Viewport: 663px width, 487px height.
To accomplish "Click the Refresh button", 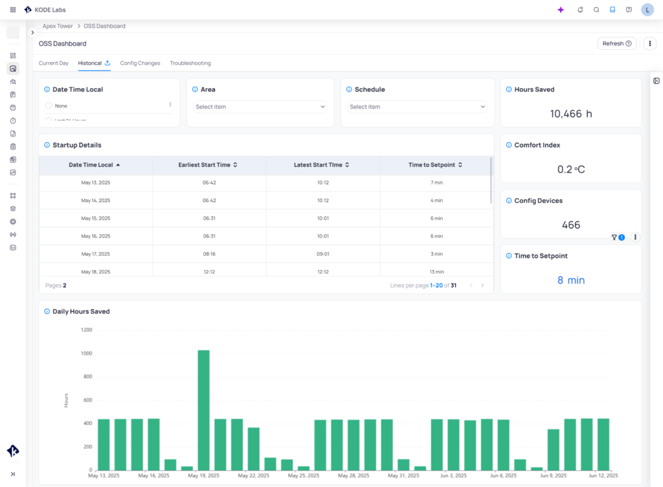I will (x=616, y=43).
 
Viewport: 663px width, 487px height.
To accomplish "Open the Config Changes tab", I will (x=140, y=63).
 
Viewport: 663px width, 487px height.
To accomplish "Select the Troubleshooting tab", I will (x=190, y=63).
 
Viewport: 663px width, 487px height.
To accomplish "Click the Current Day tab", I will (x=54, y=63).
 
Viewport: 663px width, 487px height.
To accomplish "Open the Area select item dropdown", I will (x=260, y=107).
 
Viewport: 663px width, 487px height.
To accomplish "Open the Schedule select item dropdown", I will (x=417, y=107).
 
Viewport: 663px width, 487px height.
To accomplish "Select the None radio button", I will (x=49, y=106).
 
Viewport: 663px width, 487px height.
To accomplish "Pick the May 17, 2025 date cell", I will (x=96, y=254).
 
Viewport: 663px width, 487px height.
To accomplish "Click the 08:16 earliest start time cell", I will (x=209, y=254).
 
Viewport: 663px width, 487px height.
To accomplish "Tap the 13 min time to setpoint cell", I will (x=436, y=272).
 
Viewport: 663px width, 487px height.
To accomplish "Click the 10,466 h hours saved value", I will (x=570, y=114).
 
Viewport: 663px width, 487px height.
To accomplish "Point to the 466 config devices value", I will (x=570, y=225).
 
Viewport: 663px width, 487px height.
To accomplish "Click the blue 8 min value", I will (x=570, y=280).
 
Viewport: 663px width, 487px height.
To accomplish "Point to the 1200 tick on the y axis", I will (x=86, y=330).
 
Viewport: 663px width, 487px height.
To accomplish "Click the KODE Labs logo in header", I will (x=45, y=10).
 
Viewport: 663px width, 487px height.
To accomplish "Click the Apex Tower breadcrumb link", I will (x=58, y=26).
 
